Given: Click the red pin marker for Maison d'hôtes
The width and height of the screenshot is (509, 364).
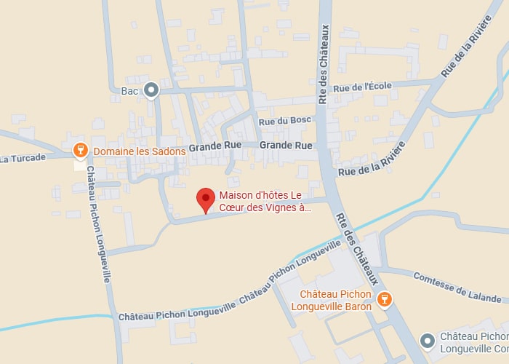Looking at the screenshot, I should (206, 198).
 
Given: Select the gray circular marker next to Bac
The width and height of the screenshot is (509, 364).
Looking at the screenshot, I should (151, 90).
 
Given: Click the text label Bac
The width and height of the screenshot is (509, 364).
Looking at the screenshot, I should (129, 91).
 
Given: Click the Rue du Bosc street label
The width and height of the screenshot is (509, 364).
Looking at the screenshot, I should (285, 120).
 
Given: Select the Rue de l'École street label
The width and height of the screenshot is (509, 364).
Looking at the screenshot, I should (362, 87).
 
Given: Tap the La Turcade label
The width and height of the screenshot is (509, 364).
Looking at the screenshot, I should (23, 157).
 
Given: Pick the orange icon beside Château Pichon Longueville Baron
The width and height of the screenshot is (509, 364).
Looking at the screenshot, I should (385, 298).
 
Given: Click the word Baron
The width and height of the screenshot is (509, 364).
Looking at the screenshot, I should (357, 306).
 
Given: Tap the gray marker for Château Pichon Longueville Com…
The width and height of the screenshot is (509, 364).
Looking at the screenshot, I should (428, 340).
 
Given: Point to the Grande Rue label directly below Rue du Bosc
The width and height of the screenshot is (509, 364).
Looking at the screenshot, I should (286, 146).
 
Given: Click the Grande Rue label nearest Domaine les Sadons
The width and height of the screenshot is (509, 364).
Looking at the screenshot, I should (215, 147).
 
